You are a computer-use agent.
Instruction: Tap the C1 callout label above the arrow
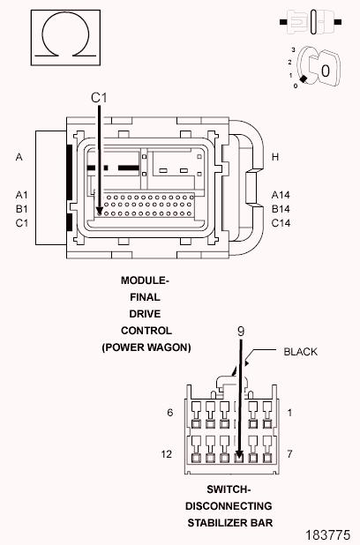(x=99, y=98)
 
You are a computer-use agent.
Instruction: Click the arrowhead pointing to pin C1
(x=100, y=211)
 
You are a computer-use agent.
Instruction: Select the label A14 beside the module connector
(x=281, y=195)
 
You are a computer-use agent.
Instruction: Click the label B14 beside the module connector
(x=281, y=209)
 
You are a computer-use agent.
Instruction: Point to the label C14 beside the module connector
(x=281, y=223)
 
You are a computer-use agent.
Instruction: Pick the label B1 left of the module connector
(x=21, y=209)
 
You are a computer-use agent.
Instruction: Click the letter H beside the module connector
(x=275, y=157)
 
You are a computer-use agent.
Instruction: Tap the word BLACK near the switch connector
(x=301, y=352)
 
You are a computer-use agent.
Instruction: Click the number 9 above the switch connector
(x=241, y=332)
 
